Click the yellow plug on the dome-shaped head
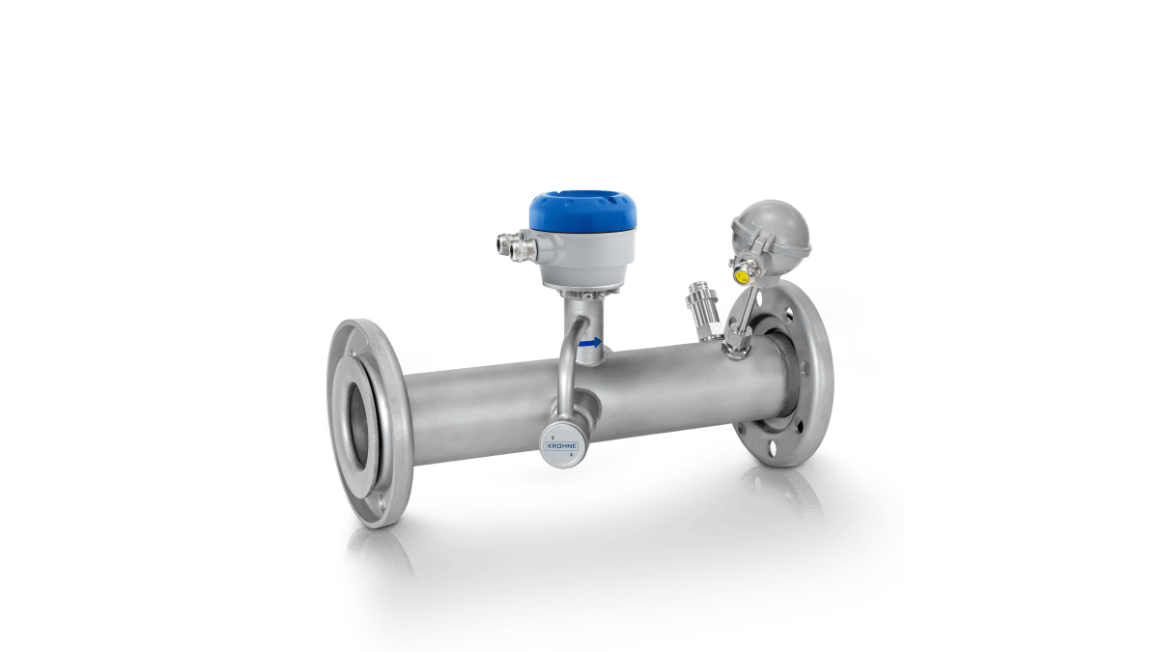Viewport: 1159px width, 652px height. point(742,275)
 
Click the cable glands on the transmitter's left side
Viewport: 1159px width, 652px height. point(510,245)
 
